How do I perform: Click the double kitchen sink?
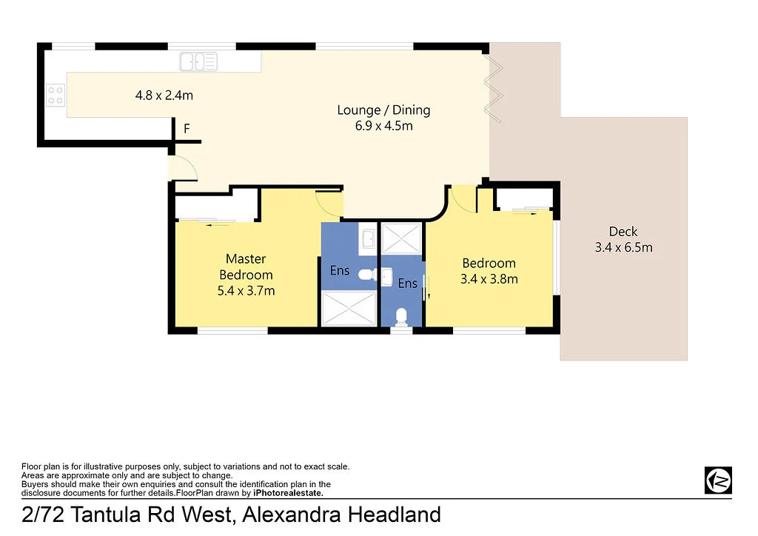[198, 61]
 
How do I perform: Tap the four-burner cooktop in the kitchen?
[56, 95]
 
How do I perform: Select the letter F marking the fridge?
[187, 129]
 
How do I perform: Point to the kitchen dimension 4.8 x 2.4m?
[164, 95]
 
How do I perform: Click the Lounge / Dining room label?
[383, 110]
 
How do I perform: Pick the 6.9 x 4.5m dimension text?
[383, 126]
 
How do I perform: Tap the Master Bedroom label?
[246, 267]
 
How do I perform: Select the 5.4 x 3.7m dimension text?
[246, 291]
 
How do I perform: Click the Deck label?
[623, 232]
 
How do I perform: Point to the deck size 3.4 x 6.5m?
[623, 248]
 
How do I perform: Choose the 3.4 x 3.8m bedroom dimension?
[489, 279]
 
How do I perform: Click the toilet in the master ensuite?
[365, 274]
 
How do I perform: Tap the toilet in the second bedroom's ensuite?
[401, 316]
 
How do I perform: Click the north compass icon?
[717, 480]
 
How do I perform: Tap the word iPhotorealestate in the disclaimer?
[288, 492]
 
